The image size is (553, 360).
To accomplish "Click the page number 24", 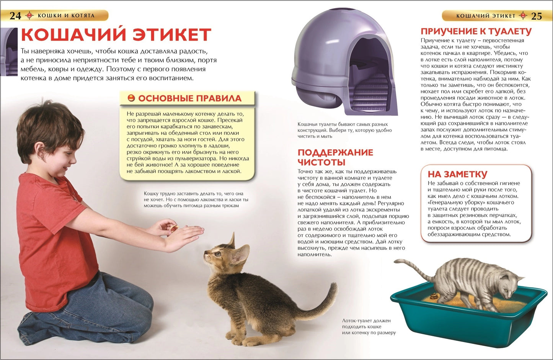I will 15,16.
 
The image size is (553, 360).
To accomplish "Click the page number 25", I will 537,16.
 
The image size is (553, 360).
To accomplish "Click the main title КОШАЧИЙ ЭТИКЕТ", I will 116,34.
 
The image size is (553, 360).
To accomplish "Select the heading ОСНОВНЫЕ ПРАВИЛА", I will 190,98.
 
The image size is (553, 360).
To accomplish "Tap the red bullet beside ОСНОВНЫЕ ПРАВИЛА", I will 131,98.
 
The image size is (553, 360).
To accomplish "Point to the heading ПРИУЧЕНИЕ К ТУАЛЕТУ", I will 476,31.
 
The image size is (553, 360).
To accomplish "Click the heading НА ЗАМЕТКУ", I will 457,174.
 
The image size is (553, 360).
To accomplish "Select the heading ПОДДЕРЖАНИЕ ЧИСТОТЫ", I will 335,157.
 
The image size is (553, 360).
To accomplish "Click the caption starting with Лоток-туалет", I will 369,327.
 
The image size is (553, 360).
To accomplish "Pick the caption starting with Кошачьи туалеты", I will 344,130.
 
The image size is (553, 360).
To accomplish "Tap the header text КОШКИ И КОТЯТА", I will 66,16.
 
